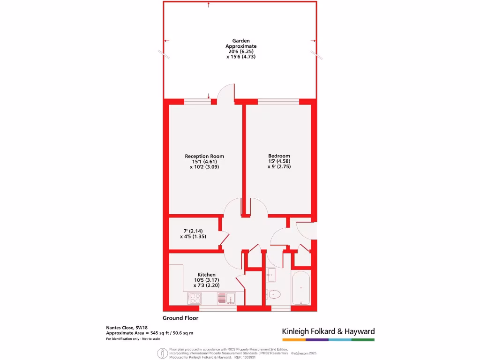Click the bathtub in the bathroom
point(300,287)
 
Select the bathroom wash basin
point(271,276)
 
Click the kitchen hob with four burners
point(195,298)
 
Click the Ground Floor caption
point(180,318)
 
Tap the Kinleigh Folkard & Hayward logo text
point(328,331)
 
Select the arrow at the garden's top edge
point(208,5)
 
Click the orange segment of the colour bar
point(293,339)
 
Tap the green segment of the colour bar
point(363,339)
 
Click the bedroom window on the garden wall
point(278,101)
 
